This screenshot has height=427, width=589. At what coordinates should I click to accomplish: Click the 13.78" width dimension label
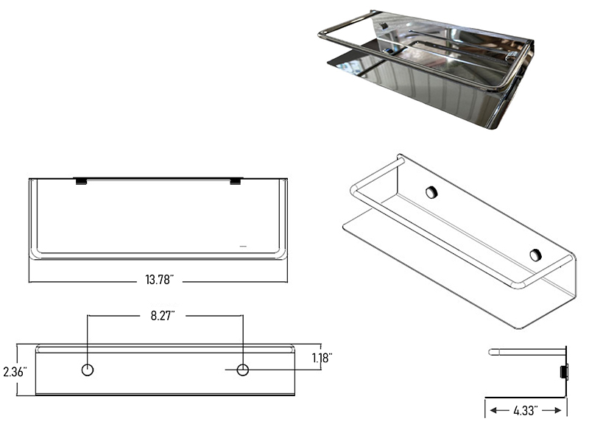(159, 280)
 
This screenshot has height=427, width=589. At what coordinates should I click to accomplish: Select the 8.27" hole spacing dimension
(163, 316)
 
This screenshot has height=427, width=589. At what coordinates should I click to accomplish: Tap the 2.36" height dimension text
(15, 372)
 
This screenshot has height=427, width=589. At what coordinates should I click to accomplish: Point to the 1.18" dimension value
(322, 358)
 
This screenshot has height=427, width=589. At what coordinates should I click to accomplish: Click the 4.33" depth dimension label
(526, 411)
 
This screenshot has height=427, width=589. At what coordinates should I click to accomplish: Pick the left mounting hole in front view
(88, 370)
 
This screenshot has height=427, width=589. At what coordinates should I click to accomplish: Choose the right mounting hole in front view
(243, 370)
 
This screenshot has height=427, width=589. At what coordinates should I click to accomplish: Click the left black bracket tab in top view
(81, 181)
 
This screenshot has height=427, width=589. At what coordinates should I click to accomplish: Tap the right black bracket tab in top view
(236, 181)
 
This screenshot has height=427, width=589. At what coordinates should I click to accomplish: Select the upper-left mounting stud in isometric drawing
(431, 192)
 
